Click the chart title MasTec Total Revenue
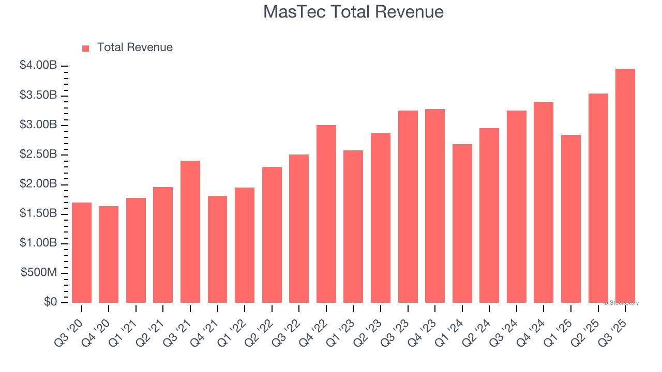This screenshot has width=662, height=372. (x=353, y=12)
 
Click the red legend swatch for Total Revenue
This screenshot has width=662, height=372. (x=86, y=49)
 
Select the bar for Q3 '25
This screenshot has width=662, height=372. (x=625, y=186)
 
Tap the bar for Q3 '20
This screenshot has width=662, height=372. (x=82, y=253)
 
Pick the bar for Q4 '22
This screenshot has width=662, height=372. (x=326, y=214)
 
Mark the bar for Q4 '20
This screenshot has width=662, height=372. (x=109, y=254)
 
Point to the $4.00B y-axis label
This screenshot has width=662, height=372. (x=38, y=66)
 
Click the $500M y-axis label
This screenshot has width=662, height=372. (x=39, y=273)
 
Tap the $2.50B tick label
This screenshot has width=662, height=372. (x=38, y=154)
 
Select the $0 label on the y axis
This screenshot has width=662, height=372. (x=50, y=302)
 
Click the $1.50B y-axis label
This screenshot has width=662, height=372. (x=38, y=213)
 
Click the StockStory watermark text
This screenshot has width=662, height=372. (x=621, y=303)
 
